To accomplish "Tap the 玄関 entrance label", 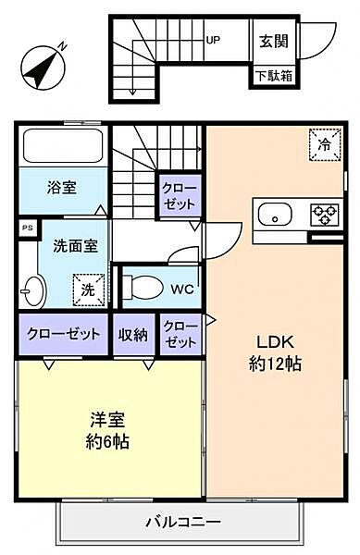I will (273, 40).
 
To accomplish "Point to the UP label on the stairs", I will (213, 40).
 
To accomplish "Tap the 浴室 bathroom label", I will (62, 187).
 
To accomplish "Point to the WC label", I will (182, 288).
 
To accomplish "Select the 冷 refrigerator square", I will (324, 143).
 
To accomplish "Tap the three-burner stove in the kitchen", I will (324, 215).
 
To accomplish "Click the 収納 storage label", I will (133, 334).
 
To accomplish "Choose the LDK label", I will (276, 341).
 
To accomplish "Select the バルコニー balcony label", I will (182, 520).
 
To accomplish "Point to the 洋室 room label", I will (108, 419).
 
